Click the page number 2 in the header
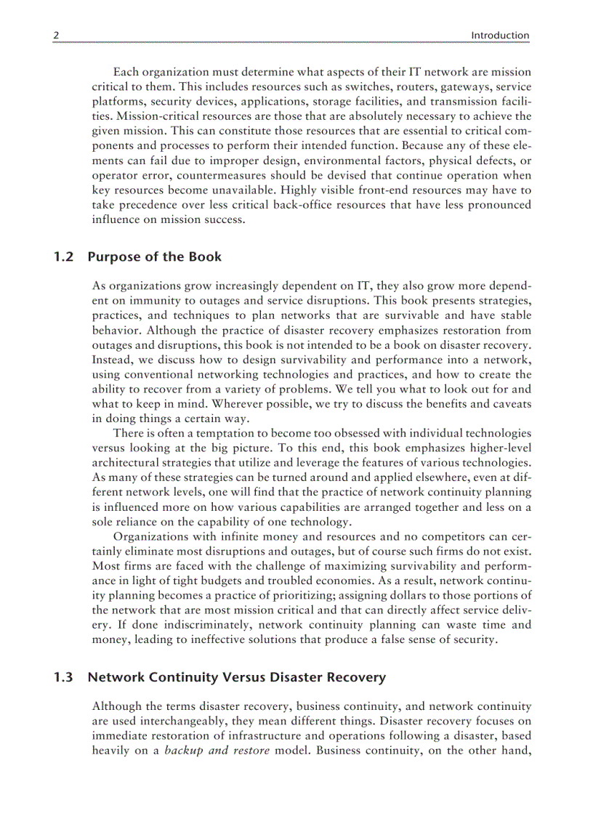pyautogui.click(x=56, y=35)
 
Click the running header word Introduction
pyautogui.click(x=500, y=35)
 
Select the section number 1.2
pyautogui.click(x=64, y=256)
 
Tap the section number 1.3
pyautogui.click(x=64, y=677)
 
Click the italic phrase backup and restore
pyautogui.click(x=217, y=750)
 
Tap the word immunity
pyautogui.click(x=158, y=301)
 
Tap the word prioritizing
pyautogui.click(x=288, y=596)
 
